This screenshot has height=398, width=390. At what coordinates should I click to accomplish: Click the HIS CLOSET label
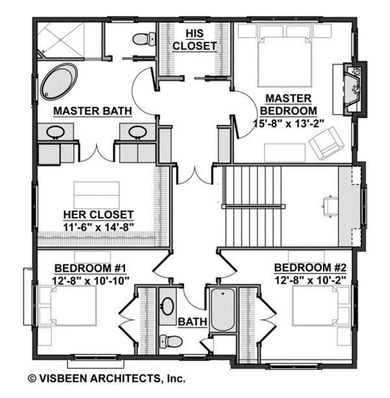pyautogui.click(x=194, y=39)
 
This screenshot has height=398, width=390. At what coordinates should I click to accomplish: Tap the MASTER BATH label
pyautogui.click(x=93, y=111)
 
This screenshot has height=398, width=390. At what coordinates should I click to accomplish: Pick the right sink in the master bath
pyautogui.click(x=137, y=133)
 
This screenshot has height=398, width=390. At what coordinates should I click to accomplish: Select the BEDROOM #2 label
pyautogui.click(x=309, y=268)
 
